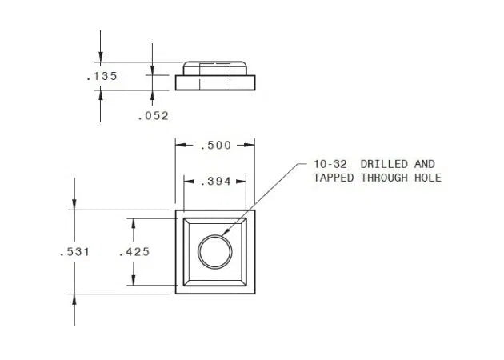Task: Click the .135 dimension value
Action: pyautogui.click(x=102, y=76)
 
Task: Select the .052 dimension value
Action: pyautogui.click(x=154, y=116)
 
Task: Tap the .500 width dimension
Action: pyautogui.click(x=216, y=146)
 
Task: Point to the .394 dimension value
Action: pyautogui.click(x=216, y=182)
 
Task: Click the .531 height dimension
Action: pyautogui.click(x=74, y=252)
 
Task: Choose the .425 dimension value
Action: pyautogui.click(x=134, y=252)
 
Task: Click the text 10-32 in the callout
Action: pyautogui.click(x=330, y=164)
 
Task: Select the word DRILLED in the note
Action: pyautogui.click(x=384, y=164)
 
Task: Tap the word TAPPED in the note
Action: pyautogui.click(x=334, y=178)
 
